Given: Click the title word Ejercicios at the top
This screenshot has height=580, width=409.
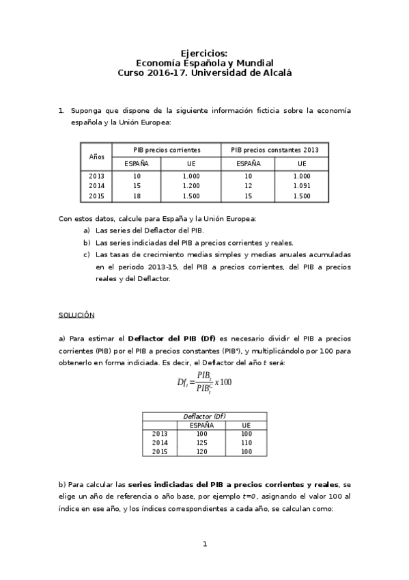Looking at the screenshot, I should point(204,53).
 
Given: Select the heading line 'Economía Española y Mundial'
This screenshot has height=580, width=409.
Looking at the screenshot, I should point(204,62).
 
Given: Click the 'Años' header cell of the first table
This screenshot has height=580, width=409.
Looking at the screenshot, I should point(97,157).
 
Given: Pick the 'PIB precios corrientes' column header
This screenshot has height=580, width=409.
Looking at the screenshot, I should point(167,150).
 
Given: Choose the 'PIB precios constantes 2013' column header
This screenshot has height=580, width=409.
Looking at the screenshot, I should point(274,150).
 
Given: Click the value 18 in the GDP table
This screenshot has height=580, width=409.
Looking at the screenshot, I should point(137,196).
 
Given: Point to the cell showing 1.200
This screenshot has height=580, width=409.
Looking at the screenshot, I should point(191,186).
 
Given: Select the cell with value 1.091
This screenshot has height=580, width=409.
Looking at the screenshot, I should point(301,186).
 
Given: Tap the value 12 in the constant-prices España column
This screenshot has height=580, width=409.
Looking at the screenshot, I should point(248,186).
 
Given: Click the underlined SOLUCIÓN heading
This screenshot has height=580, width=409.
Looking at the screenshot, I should point(76,315).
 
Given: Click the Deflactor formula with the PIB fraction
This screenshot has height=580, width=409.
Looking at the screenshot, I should point(204,382).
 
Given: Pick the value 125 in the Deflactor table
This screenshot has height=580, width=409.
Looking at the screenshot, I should point(201,443).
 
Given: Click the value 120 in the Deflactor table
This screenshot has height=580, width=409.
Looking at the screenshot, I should point(201,451).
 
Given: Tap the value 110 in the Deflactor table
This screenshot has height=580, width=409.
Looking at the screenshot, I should point(246,443).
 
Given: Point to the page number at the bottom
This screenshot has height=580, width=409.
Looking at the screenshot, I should point(204,544).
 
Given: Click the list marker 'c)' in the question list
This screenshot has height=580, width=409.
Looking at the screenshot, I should point(87,254).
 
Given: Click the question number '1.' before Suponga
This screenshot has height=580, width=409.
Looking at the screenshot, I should point(61,110).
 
